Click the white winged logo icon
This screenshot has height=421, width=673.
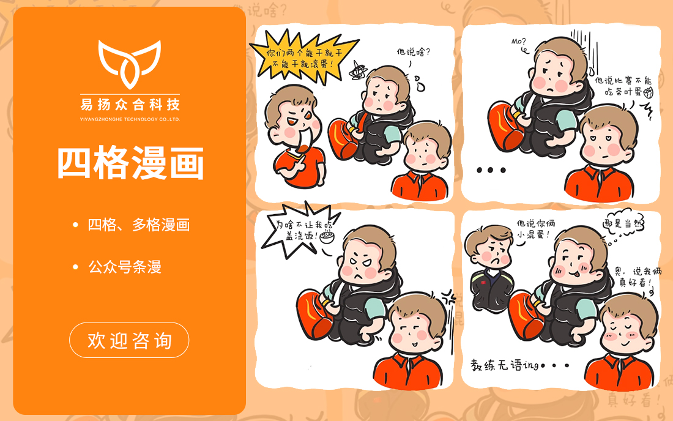click(129, 64)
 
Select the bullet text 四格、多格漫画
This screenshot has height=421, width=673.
click(139, 225)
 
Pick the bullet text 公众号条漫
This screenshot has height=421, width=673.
click(125, 267)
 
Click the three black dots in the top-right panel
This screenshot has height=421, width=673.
click(491, 170)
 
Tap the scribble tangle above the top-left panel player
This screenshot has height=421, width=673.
click(357, 72)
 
